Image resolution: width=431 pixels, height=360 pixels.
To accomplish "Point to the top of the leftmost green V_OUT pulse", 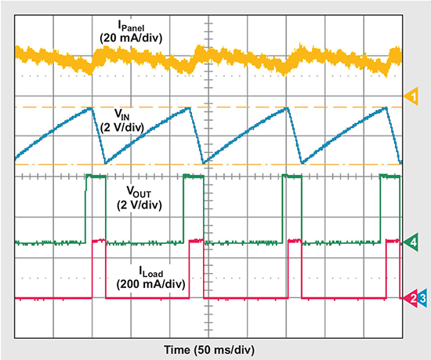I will tap(95, 177).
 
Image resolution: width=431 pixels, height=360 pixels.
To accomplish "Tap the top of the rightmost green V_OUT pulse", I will tap(389, 177).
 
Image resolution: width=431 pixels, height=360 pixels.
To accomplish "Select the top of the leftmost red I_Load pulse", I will tap(99, 241).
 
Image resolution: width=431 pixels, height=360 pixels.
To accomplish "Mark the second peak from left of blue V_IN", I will tap(190, 108).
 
